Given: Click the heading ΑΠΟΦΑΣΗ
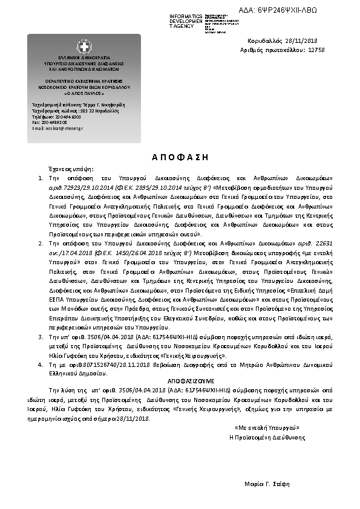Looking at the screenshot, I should [180, 157].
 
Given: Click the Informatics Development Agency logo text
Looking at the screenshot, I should [186, 21].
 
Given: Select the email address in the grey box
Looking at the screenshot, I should [58, 128].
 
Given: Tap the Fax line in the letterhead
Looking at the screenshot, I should [50, 122].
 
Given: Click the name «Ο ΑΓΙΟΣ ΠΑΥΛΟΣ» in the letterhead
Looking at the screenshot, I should [83, 95].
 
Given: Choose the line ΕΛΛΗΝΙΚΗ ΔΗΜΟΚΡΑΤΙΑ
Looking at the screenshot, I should [83, 57].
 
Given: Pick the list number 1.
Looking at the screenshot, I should [40, 178].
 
